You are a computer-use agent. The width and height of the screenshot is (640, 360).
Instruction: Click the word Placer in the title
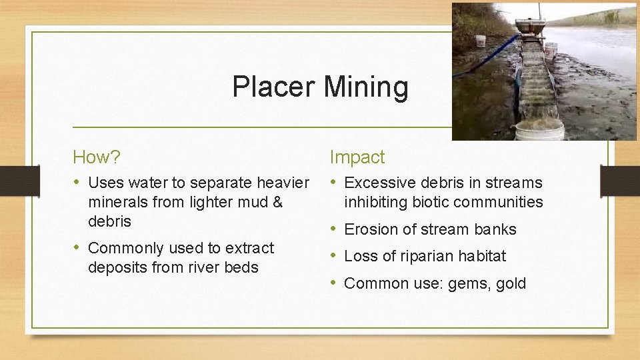274,87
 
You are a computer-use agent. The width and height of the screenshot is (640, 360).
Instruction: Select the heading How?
97,157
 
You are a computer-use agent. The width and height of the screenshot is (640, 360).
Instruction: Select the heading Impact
357,157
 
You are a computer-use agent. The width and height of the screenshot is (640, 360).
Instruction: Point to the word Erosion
370,229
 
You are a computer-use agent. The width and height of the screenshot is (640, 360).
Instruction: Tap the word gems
467,283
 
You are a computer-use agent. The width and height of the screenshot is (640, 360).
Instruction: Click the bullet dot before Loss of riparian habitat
335,256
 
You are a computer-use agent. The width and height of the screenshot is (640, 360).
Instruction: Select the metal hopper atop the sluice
533,27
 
